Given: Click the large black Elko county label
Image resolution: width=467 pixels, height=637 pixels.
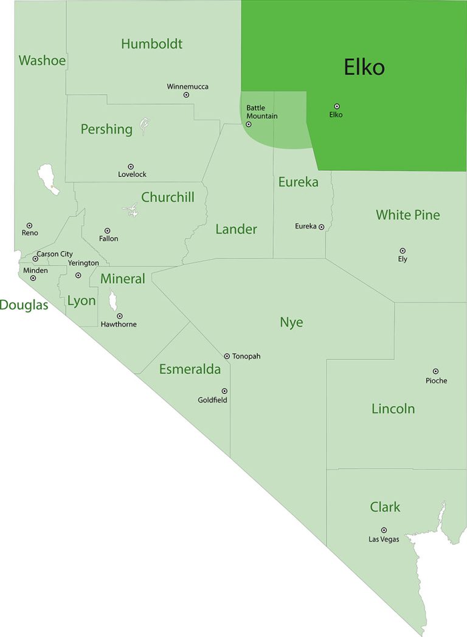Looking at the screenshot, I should (364, 67).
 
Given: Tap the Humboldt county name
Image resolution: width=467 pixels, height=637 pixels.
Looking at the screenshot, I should (151, 44).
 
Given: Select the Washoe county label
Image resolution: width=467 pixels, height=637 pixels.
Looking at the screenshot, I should (42, 60).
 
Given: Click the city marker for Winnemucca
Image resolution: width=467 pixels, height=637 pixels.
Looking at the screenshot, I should (186, 95).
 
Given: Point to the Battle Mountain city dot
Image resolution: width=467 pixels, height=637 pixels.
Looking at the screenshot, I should (248, 124).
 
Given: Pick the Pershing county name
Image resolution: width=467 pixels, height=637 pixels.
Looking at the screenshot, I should (106, 129).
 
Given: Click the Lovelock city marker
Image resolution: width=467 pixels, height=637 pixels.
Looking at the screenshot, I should (131, 167).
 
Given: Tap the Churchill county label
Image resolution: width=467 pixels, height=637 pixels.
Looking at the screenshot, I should (168, 197).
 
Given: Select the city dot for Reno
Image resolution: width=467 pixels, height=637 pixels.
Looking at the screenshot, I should (29, 226).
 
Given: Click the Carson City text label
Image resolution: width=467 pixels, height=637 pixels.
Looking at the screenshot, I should (55, 254).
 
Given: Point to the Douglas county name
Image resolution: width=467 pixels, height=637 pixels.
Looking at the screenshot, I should (24, 305).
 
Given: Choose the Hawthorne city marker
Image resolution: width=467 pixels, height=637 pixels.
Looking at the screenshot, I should (120, 316).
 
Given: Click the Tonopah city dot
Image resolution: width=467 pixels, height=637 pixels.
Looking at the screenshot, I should (227, 356).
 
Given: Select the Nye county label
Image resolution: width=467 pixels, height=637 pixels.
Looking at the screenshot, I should (291, 322).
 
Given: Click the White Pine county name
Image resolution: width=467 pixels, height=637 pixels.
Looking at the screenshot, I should (407, 215).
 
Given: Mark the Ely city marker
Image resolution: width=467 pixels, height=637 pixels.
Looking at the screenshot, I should (403, 250).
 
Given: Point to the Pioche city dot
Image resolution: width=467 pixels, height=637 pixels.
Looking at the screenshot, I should (435, 371).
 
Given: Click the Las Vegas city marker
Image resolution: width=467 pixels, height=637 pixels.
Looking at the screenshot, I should (384, 530).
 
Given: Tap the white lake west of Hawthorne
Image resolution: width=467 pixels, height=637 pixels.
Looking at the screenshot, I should (112, 301).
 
